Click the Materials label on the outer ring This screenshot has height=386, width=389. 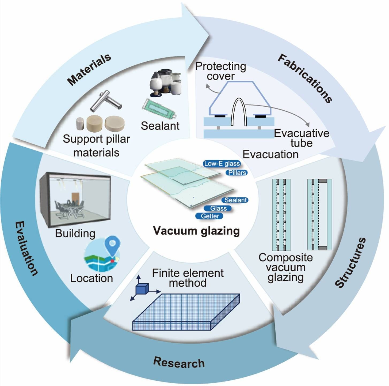click(x=89, y=69)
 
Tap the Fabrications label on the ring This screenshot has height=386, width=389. click(x=305, y=78)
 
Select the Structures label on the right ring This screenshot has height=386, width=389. click(x=350, y=263)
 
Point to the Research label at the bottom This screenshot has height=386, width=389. click(x=179, y=362)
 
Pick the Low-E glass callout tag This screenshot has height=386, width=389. click(x=222, y=164)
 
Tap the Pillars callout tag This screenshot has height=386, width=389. click(x=237, y=173)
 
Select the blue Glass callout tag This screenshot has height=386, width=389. click(x=218, y=208)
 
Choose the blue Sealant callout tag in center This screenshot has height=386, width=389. click(x=235, y=200)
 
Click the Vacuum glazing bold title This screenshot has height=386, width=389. click(x=196, y=231)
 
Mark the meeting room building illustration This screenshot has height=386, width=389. click(x=75, y=199)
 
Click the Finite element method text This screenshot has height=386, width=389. click(x=188, y=278)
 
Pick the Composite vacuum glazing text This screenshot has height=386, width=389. click(x=285, y=267)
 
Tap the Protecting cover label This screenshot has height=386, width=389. click(x=220, y=71)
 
